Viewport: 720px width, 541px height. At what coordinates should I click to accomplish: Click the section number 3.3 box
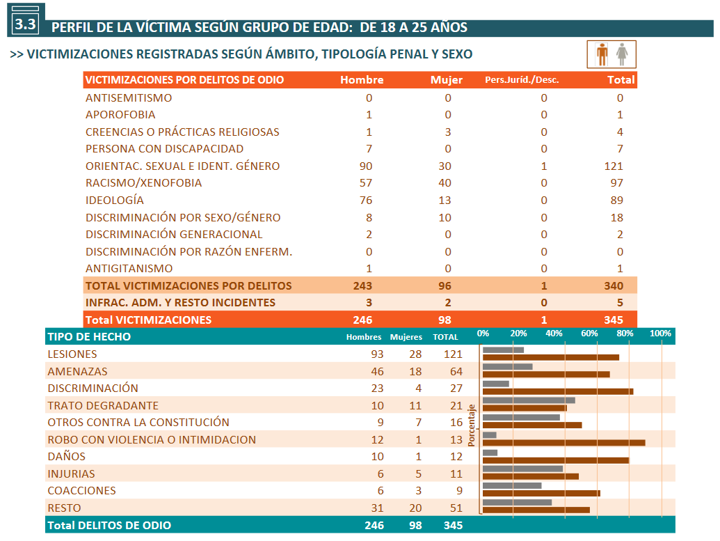point(26,21)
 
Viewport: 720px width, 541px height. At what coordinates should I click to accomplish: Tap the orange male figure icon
point(602,54)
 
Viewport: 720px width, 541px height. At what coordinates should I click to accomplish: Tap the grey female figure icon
point(622,54)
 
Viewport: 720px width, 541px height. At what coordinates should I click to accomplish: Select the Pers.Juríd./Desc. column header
point(522,80)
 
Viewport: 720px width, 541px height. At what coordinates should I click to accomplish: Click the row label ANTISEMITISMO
point(129,98)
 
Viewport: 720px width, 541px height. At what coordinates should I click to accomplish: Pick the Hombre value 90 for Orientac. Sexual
point(365,166)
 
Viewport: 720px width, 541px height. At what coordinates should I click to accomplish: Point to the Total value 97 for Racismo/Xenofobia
point(616,183)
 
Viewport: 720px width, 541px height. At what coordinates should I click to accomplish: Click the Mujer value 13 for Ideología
point(445,201)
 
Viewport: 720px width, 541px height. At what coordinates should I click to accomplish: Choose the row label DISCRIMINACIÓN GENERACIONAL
point(174,235)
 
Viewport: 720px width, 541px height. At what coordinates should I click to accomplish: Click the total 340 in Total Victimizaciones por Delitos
point(614,286)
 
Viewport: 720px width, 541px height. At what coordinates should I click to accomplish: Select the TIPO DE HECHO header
point(89,337)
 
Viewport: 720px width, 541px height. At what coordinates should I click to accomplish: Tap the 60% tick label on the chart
point(589,334)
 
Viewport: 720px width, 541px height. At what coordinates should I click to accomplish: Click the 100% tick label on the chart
point(660,334)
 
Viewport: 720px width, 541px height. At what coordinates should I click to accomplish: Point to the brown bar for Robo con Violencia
point(564,443)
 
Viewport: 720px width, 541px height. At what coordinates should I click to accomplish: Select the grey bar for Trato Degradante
point(529,400)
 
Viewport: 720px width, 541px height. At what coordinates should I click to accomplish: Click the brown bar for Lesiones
point(551,358)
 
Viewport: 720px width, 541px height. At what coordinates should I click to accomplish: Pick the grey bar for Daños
point(490,453)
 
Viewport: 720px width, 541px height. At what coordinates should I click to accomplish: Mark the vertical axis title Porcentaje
point(471,425)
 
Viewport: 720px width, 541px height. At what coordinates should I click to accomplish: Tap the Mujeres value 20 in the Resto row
point(415,508)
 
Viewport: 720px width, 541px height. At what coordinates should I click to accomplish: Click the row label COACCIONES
point(81,491)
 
